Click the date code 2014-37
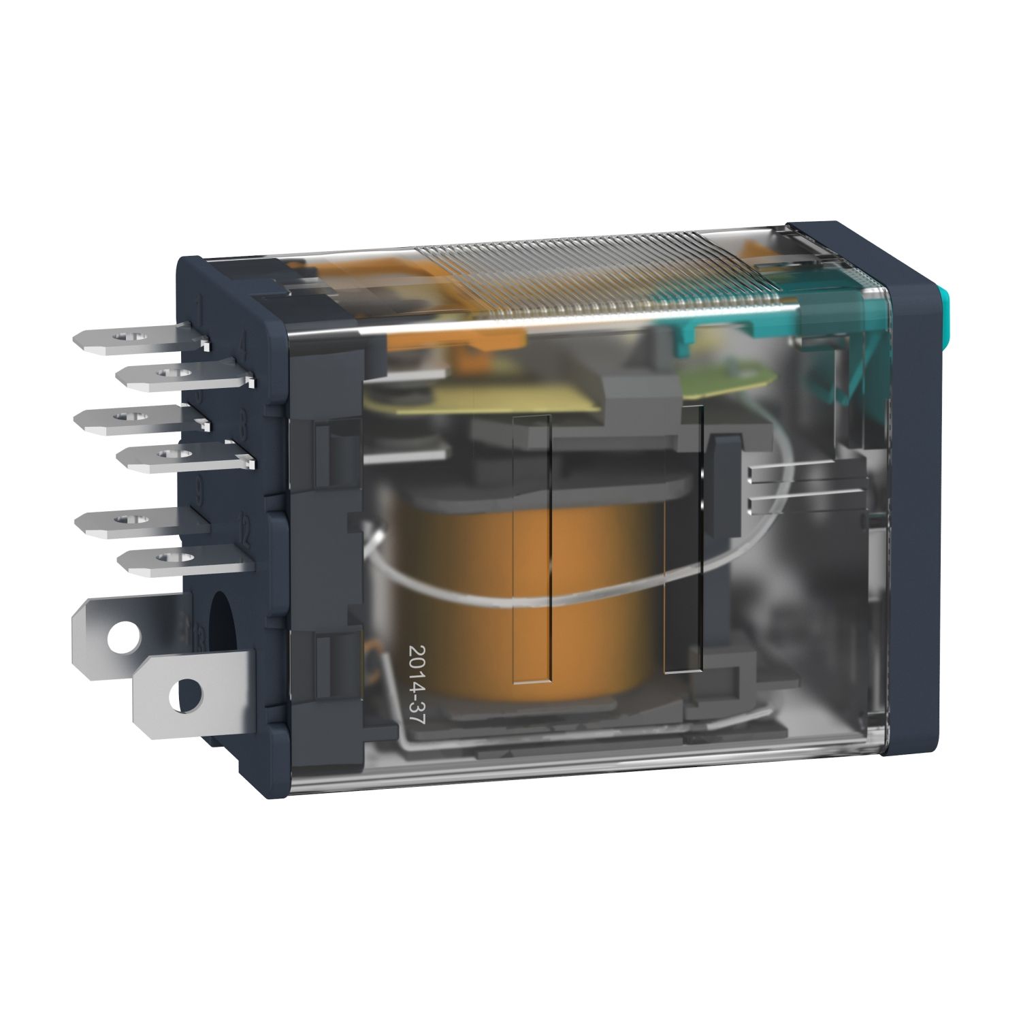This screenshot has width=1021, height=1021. (x=417, y=687)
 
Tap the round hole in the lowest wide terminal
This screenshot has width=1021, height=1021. (x=190, y=695)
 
